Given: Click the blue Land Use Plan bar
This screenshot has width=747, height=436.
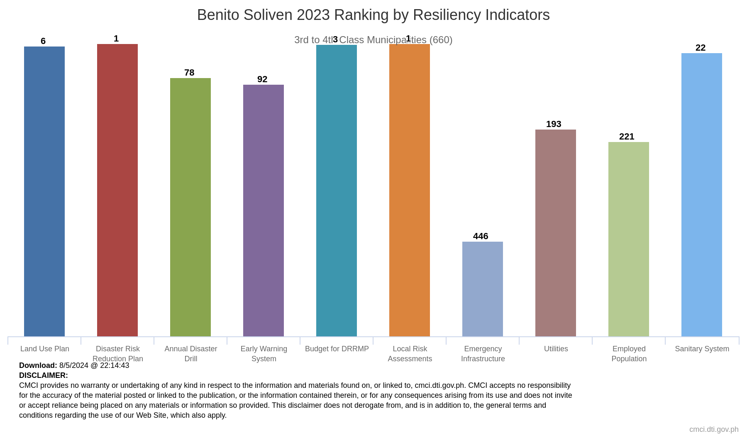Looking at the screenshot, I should [44, 191].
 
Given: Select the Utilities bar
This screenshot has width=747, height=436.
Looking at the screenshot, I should [556, 233].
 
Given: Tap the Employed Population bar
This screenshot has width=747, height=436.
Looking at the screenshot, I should [629, 239].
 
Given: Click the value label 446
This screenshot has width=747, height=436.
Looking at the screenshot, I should [481, 236].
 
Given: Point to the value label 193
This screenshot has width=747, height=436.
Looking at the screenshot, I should [554, 124].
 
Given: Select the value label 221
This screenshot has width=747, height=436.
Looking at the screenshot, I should [627, 137].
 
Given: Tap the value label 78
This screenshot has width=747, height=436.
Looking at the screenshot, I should [189, 73].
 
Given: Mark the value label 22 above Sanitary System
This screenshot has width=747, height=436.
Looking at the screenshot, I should [701, 48].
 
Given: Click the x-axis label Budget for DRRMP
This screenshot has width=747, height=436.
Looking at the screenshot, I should [337, 349].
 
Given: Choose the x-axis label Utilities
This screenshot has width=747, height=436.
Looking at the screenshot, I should [556, 349].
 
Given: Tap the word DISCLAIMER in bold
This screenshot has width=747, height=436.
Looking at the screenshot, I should [44, 375].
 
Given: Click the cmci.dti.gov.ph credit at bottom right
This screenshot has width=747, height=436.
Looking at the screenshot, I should [714, 429].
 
